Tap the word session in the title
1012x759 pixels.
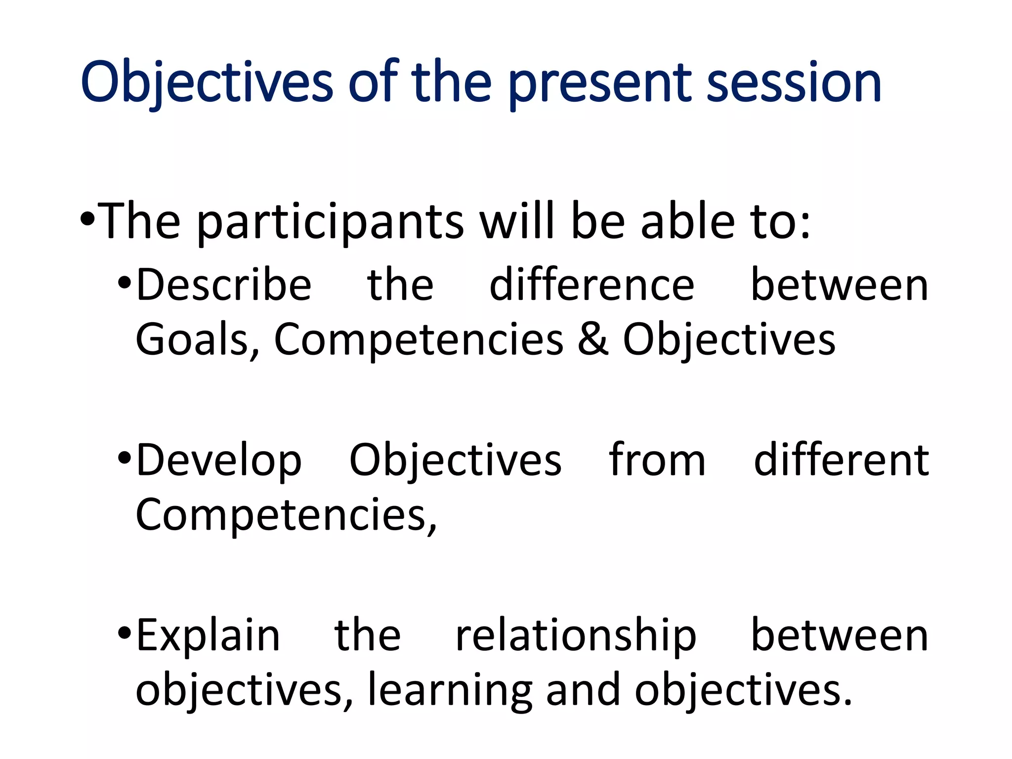794,83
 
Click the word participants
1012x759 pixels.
330,222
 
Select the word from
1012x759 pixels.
657,460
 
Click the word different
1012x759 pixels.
841,460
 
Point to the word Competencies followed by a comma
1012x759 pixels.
286,516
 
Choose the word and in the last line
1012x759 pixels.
583,690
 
